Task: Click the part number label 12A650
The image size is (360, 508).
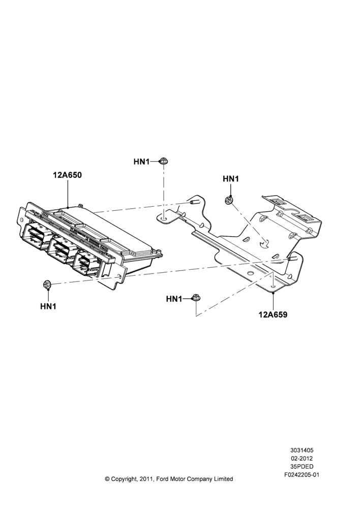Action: (68, 175)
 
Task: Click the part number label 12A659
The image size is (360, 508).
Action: (273, 314)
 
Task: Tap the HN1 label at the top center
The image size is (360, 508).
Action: (141, 162)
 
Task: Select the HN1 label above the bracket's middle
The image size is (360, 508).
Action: (231, 179)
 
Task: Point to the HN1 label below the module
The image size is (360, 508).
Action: (48, 306)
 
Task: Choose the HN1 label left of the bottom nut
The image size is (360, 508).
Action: (174, 299)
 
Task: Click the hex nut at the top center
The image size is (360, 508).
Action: (163, 161)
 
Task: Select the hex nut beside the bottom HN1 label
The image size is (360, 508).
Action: (196, 298)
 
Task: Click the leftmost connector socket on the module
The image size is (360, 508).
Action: (35, 236)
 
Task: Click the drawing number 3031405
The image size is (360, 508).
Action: (302, 450)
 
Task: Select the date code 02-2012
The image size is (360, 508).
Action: (302, 458)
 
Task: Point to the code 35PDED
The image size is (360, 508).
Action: (302, 467)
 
